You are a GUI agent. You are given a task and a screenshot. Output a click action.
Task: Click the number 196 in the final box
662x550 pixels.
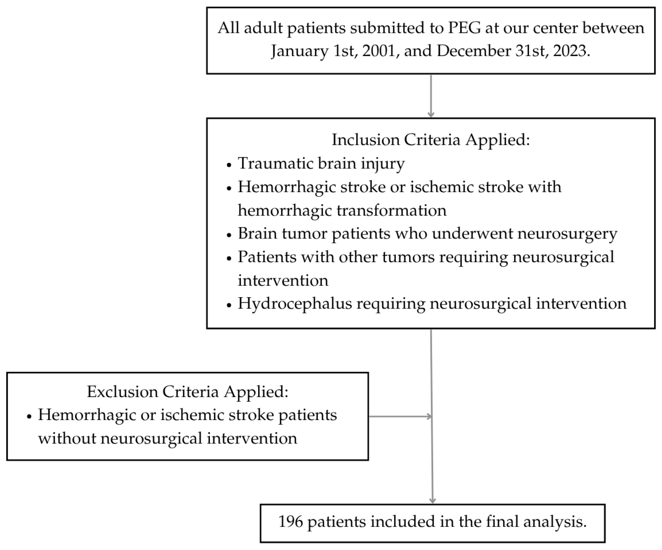click(x=290, y=522)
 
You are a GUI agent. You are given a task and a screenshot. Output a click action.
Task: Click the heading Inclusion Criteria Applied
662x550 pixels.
click(x=431, y=139)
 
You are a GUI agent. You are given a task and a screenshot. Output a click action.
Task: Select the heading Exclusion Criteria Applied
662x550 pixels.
click(x=188, y=392)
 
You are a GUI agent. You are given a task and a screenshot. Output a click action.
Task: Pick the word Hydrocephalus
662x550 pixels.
click(x=295, y=304)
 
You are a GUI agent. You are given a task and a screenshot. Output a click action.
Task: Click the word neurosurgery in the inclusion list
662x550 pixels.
click(x=567, y=234)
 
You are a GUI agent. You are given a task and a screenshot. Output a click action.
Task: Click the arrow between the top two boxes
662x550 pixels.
click(x=431, y=96)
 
